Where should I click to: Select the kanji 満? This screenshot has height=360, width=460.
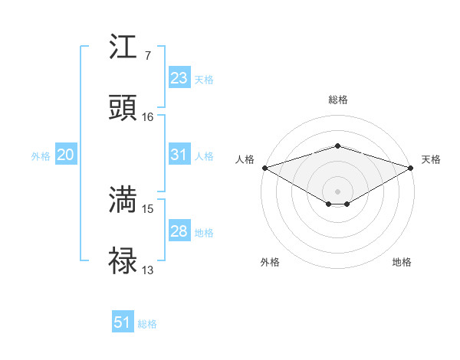point(123,200)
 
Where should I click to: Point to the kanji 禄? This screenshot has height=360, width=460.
point(123,261)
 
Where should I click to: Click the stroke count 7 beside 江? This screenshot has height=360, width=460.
point(147,56)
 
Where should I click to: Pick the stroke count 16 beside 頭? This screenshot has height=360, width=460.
point(148,117)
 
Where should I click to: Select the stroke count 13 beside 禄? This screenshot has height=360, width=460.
point(148,270)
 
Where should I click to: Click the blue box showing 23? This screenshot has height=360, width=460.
point(179,78)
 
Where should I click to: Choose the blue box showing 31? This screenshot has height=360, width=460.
point(179,155)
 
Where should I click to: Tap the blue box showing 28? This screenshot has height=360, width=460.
point(179,231)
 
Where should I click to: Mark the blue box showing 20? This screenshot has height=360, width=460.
point(65,155)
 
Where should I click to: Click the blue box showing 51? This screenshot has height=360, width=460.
point(123,322)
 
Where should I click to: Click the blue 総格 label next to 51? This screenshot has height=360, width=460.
point(147,324)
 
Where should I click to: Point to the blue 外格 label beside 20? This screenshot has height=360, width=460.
point(41,156)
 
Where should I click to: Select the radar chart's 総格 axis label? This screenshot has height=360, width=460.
point(337,100)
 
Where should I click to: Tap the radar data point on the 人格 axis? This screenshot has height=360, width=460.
point(264,167)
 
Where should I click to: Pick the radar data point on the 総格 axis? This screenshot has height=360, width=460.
point(337,146)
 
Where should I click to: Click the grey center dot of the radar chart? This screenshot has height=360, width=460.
point(337,191)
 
